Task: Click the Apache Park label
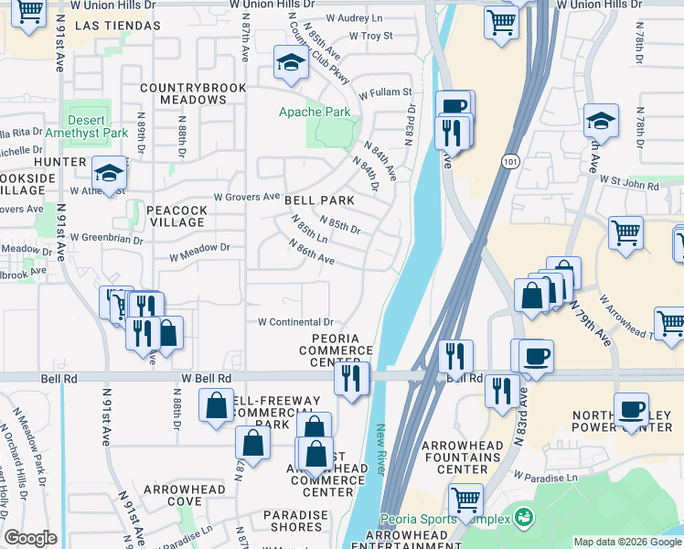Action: point(314,113)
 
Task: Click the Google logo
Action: point(31,538)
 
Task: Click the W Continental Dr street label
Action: point(295,322)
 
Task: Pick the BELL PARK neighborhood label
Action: point(318,200)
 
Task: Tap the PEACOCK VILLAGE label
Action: point(176,216)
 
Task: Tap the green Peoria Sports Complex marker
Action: point(522,518)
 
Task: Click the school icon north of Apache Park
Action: point(291,63)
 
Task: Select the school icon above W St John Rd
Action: point(601,122)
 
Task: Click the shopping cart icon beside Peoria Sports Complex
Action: point(466,500)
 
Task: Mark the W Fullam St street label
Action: point(385,92)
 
